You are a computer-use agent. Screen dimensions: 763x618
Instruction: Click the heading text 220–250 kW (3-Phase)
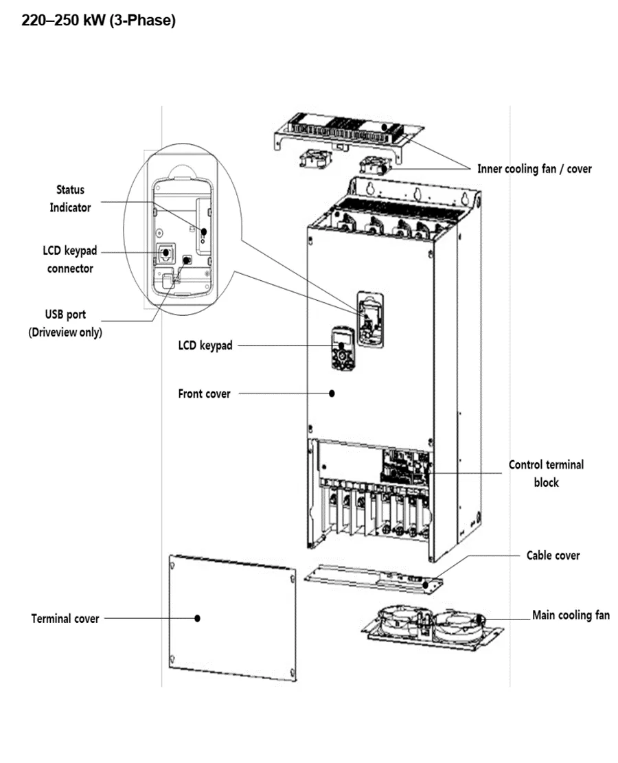coord(99,21)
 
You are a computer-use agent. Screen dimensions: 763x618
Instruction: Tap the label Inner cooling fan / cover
coord(534,168)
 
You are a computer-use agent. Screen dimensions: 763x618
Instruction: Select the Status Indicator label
coord(70,198)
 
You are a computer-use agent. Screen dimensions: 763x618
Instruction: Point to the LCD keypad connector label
coord(70,260)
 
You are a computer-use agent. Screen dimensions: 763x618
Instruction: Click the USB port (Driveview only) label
coord(65,324)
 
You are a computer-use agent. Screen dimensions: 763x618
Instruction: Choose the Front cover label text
coord(205,394)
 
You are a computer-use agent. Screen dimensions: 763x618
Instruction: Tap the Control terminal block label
coord(546,473)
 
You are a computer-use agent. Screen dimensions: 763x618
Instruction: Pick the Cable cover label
coord(553,555)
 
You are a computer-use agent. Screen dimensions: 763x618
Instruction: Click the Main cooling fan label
coord(571,615)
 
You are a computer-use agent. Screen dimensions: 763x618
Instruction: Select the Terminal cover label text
coord(65,619)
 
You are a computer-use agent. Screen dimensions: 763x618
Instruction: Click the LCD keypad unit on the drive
coord(341,348)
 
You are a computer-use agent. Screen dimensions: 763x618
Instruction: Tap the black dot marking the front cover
coord(332,394)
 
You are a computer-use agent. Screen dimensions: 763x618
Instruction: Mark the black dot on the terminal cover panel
coord(197,618)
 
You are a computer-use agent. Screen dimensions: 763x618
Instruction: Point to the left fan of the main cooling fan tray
coord(398,622)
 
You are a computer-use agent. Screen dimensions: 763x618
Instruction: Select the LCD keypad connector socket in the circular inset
coord(165,253)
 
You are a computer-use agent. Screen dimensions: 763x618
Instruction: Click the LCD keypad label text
coord(205,345)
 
